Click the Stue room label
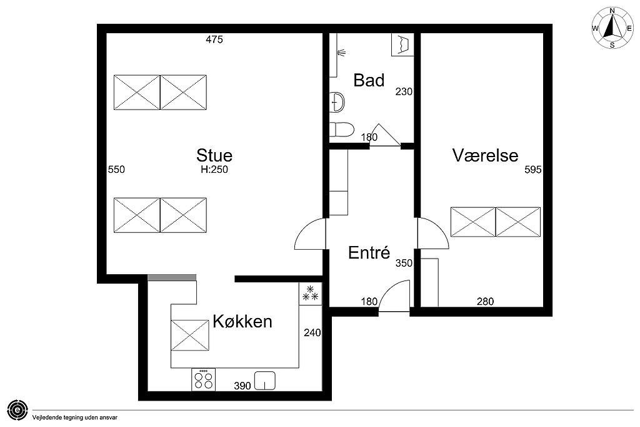click(214, 155)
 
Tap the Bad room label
click(369, 80)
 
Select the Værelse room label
click(485, 155)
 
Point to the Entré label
click(369, 252)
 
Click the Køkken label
click(242, 321)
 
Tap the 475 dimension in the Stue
click(214, 39)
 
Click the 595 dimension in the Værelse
click(532, 169)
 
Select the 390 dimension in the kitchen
click(242, 386)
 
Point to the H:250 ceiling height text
click(214, 169)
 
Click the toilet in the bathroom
click(341, 130)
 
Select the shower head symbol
click(342, 53)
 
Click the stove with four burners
click(203, 379)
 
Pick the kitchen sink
click(265, 381)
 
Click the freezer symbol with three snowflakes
click(310, 294)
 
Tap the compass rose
click(612, 28)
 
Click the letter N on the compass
click(612, 11)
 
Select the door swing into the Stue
click(310, 234)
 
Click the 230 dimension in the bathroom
click(404, 91)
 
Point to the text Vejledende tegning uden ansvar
click(75, 418)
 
